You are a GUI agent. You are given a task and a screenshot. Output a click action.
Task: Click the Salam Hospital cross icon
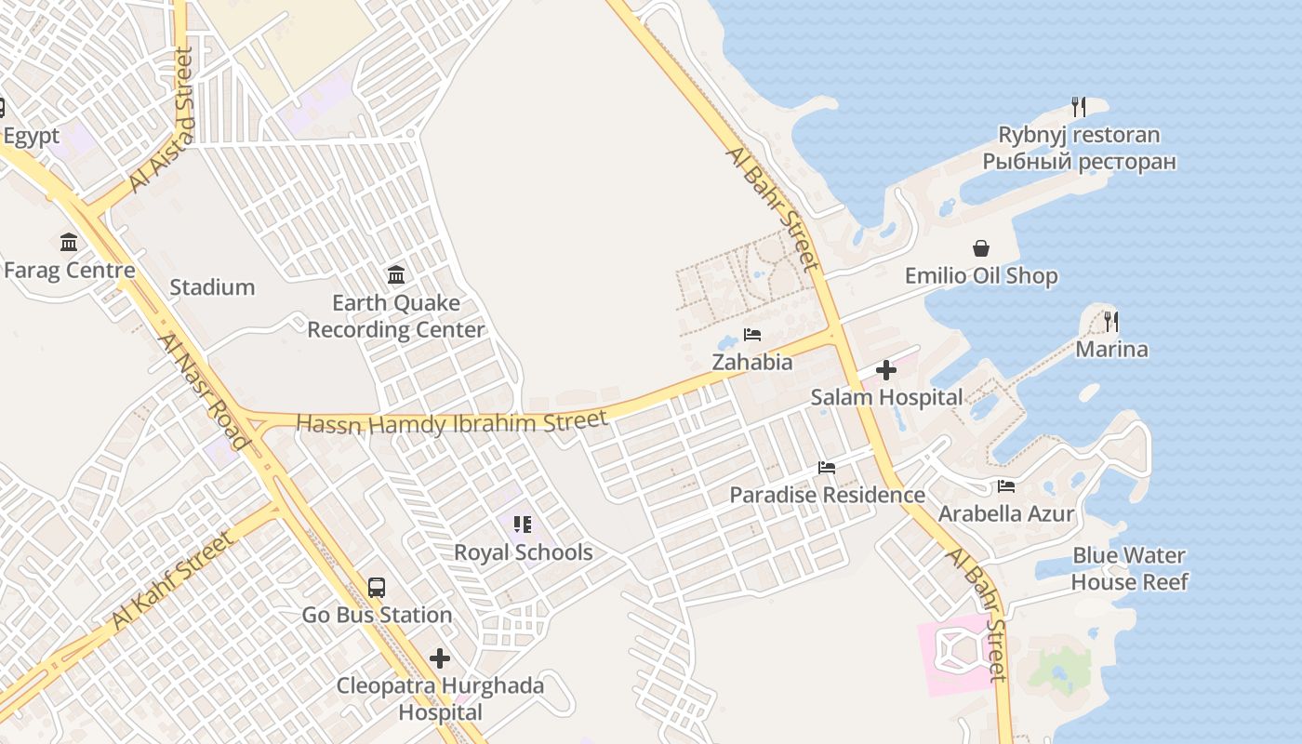885,370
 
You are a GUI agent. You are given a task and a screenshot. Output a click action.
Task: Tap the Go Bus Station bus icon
376,588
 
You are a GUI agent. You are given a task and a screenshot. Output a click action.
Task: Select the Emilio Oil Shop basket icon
980,248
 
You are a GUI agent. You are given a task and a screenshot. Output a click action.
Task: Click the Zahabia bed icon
752,335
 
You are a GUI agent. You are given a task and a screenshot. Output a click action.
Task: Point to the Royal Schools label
523,552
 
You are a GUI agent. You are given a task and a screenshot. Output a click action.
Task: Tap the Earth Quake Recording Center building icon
396,274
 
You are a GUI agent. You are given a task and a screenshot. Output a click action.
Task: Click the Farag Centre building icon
69,243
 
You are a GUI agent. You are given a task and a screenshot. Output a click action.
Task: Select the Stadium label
212,287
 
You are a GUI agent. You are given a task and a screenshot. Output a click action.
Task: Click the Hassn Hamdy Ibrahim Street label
452,423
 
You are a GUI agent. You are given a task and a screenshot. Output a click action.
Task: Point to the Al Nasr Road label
204,392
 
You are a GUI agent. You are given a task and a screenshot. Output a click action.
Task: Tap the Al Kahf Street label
172,579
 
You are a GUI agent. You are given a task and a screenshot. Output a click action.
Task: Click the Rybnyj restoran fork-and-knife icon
1078,107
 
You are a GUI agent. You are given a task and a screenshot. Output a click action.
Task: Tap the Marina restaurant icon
1110,322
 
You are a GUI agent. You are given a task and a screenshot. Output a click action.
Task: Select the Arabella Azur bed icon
1005,485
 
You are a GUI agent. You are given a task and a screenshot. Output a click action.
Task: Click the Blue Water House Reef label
1129,568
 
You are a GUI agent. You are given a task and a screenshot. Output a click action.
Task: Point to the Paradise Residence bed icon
826,467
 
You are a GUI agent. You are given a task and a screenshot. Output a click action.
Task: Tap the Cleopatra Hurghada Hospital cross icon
439,659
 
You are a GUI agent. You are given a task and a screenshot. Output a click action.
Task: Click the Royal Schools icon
523,525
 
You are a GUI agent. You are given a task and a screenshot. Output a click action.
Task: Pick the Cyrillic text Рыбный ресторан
1079,162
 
